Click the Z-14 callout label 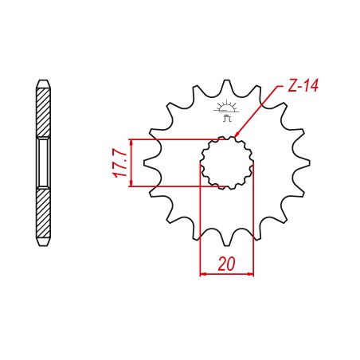pos(303,85)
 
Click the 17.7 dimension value pos(119,163)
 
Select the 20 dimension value pos(226,264)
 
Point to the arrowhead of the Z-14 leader pos(237,134)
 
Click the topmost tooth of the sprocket pos(227,84)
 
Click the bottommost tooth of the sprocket pos(227,241)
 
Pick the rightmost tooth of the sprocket pos(304,162)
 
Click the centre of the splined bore pos(227,162)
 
